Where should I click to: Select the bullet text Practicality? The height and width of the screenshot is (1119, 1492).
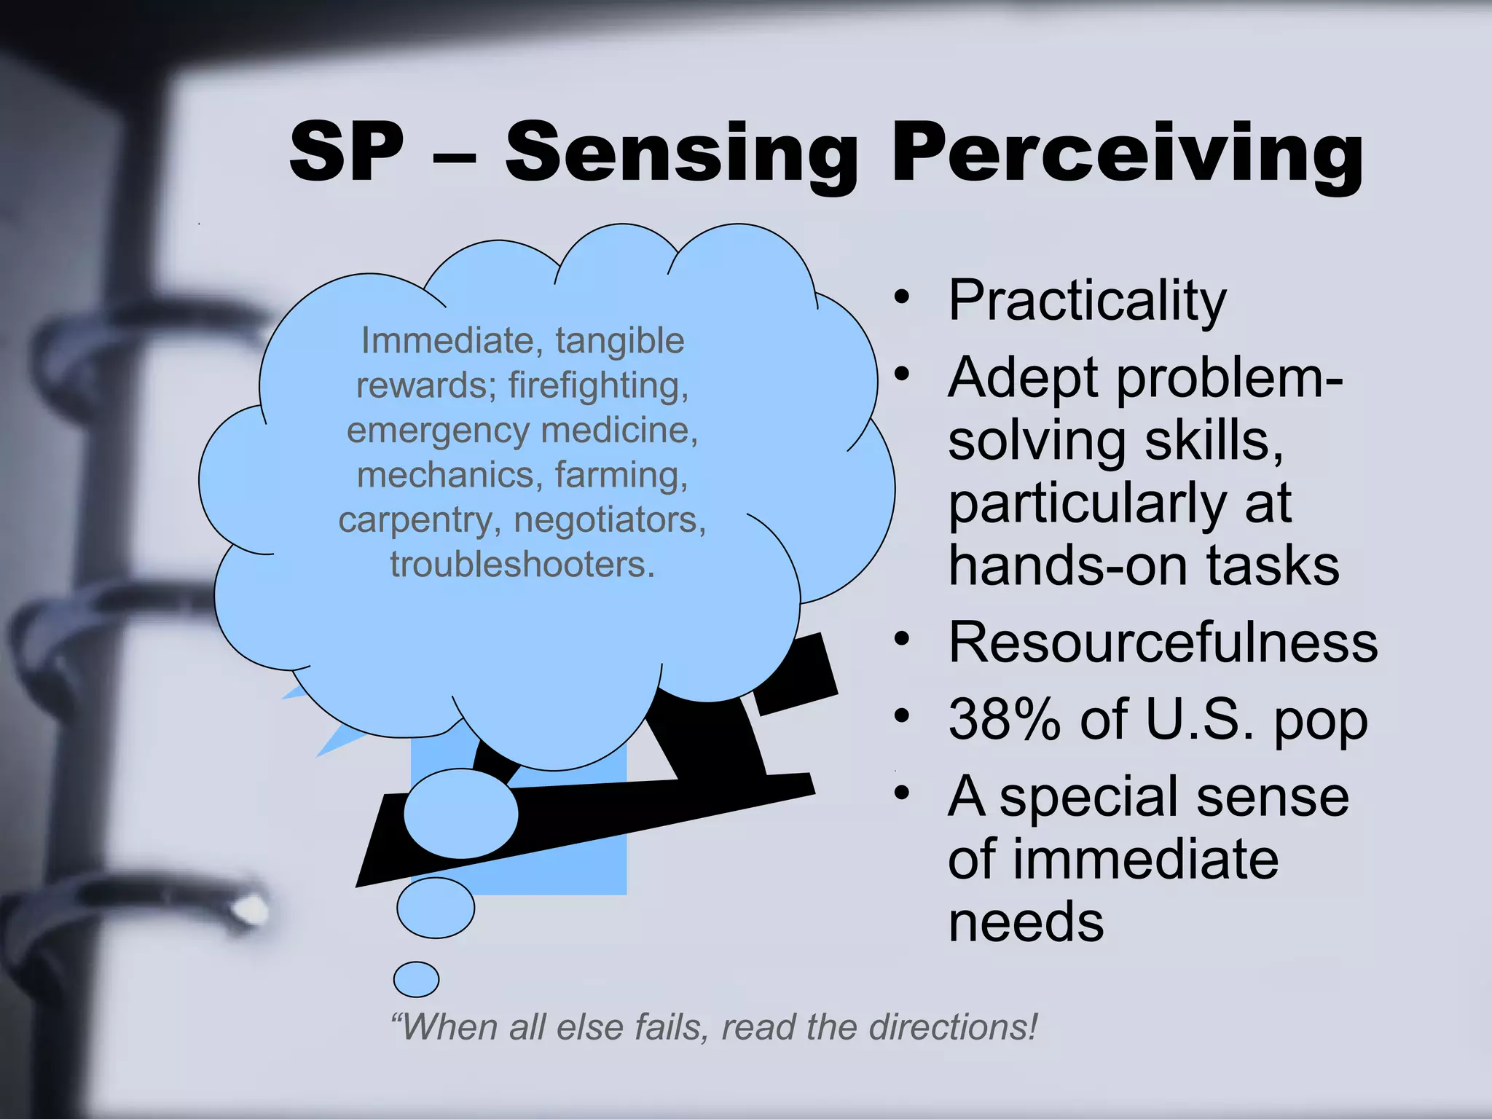1087,300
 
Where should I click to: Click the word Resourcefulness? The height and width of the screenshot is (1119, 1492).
1163,643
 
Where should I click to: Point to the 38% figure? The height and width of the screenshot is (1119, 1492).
1004,720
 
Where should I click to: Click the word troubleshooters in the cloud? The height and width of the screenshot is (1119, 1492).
522,565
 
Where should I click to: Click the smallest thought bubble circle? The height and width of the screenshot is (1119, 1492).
416,979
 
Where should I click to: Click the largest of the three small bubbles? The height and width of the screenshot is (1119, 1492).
460,814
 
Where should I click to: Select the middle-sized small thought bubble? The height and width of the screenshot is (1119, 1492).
436,908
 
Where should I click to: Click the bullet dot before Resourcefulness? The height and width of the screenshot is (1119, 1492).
902,639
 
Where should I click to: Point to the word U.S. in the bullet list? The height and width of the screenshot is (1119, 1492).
1199,720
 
